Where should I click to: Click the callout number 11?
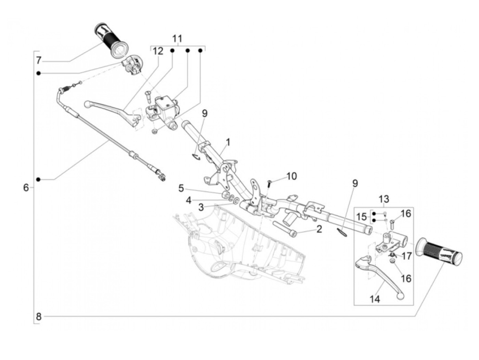pos(177,39)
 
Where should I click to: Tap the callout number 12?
pos(158,52)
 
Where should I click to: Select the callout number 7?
pos(39,61)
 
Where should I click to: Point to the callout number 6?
pos(26,188)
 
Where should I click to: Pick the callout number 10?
pos(292,176)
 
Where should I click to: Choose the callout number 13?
pos(384,199)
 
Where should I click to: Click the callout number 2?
pos(319,229)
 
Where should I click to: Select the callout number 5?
pos(181,189)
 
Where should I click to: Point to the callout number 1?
pos(228,142)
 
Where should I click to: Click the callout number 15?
pos(362,217)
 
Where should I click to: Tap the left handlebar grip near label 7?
pos(111,41)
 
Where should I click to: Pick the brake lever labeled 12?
pos(113,115)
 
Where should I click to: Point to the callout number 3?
pos(201,207)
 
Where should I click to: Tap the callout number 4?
pos(188,200)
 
